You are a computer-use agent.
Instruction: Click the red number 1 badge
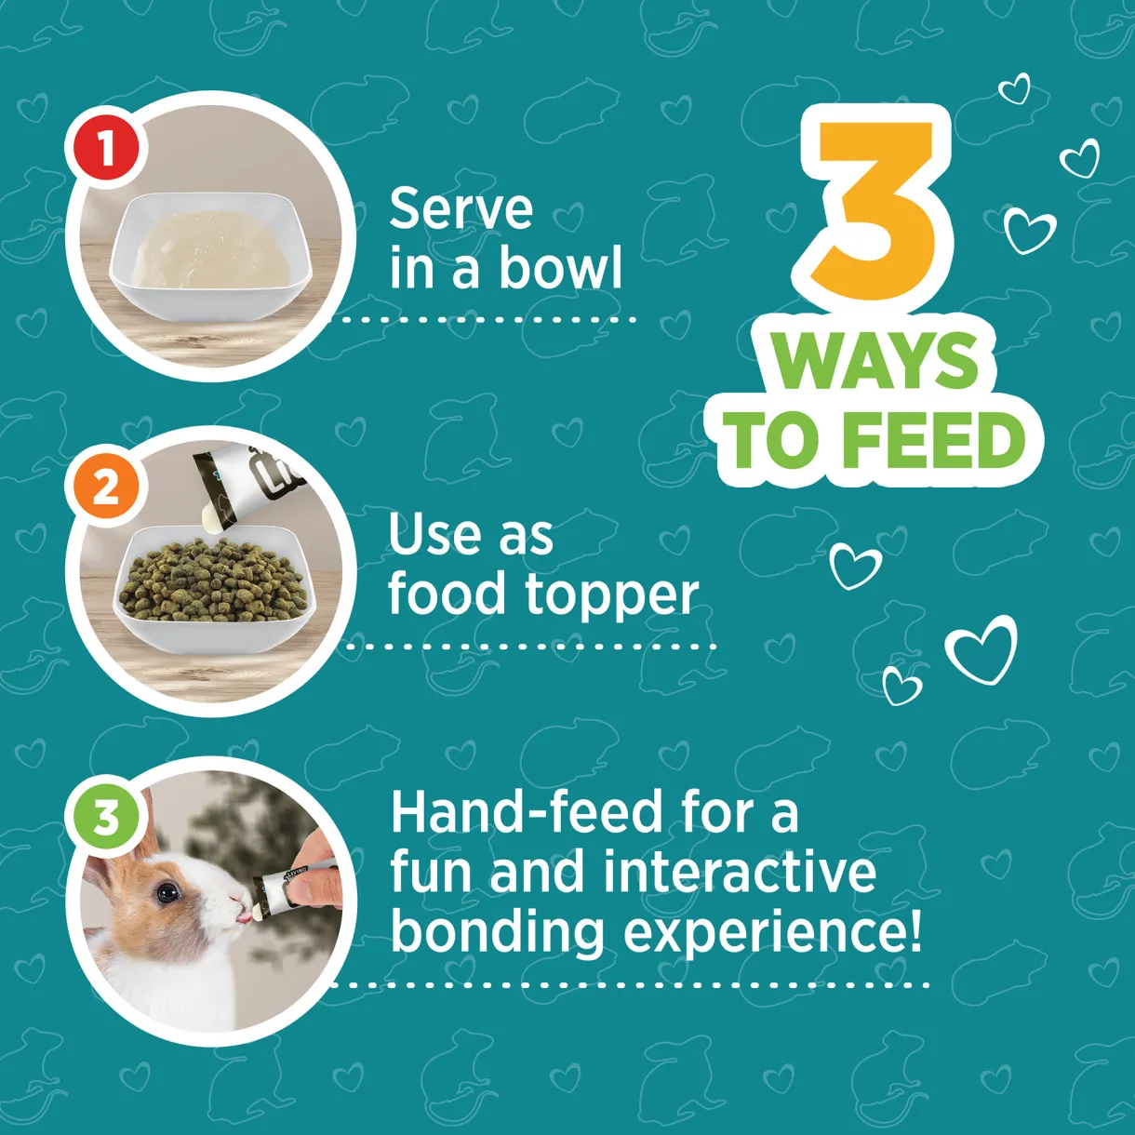[107, 148]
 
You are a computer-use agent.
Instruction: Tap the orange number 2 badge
[107, 487]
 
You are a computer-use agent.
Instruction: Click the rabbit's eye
[167, 892]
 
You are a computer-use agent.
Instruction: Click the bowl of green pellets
[214, 589]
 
